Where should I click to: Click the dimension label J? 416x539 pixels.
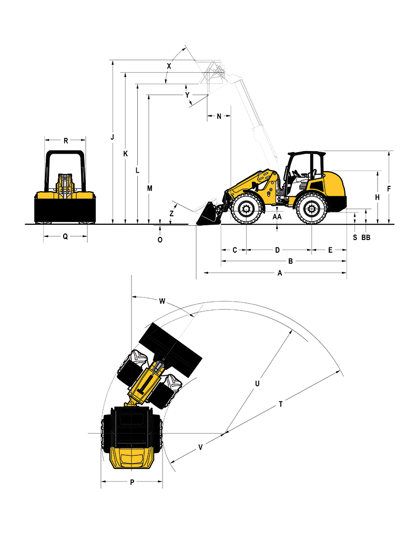[112, 137]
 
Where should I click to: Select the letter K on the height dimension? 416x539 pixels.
[125, 154]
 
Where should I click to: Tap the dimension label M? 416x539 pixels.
[149, 188]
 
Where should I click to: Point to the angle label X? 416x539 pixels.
[169, 66]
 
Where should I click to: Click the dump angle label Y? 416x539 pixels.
[187, 95]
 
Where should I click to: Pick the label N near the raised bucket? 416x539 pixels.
[219, 116]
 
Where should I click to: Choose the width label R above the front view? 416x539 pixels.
[66, 140]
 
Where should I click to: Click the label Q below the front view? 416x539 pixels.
[65, 236]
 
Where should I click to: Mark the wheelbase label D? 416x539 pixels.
[278, 250]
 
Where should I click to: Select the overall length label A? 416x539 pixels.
[280, 273]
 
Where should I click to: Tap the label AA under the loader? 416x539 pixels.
[277, 217]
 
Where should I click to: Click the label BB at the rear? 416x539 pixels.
[366, 237]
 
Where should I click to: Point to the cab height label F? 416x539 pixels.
[389, 189]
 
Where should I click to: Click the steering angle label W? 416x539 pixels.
[162, 302]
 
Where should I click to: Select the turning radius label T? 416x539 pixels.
[281, 404]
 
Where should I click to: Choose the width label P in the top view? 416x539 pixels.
[132, 483]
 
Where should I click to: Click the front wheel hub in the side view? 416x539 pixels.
[247, 209]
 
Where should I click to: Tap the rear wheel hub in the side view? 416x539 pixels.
[311, 209]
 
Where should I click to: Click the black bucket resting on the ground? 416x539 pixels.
[208, 215]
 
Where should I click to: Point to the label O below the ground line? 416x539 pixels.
[160, 240]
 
